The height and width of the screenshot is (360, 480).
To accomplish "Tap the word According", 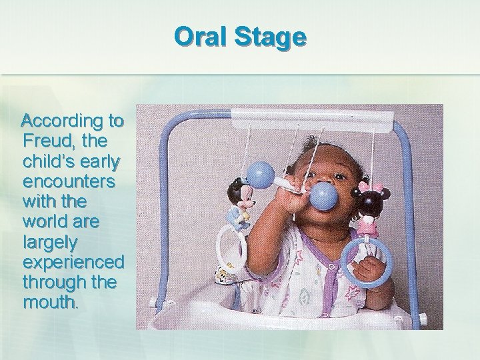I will [63, 121].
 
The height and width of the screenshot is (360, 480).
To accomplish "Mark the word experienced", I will [73, 261].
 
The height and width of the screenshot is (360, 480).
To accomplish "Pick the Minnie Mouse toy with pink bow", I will [367, 207].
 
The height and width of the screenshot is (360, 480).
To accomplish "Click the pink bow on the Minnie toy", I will [363, 182].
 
